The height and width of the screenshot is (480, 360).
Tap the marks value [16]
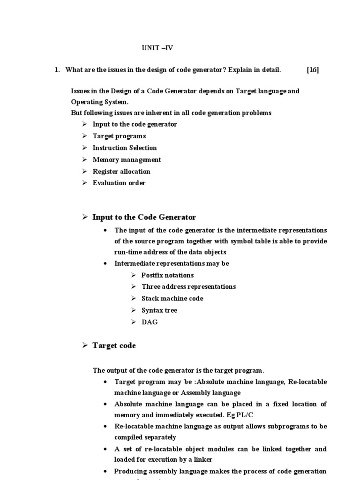click(x=313, y=70)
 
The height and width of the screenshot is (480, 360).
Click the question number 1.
click(x=56, y=70)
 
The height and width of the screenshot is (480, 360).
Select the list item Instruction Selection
click(x=125, y=148)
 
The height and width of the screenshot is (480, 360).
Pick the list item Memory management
click(x=127, y=159)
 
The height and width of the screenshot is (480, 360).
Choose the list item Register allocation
click(x=121, y=171)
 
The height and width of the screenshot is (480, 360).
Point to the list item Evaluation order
click(x=119, y=183)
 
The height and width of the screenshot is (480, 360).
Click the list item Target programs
click(x=119, y=136)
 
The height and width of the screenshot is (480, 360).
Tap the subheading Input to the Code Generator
click(x=144, y=217)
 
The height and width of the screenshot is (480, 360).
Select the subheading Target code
click(x=114, y=345)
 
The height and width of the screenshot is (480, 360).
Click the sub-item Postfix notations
click(x=167, y=275)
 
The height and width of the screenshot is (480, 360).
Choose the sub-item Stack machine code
click(x=172, y=298)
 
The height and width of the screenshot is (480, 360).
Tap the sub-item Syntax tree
click(x=159, y=310)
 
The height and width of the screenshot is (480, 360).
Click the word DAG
click(x=150, y=322)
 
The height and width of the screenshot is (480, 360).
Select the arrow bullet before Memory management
click(x=84, y=159)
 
